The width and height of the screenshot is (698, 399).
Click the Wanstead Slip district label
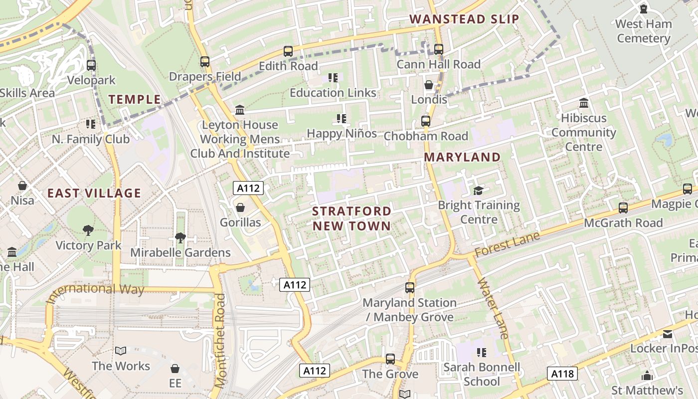pyautogui.click(x=464, y=19)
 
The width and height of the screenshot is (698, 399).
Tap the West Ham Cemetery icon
pyautogui.click(x=643, y=9)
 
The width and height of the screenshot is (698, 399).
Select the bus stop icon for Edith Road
pyautogui.click(x=288, y=51)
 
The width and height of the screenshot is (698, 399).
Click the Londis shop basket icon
pyautogui.click(x=429, y=85)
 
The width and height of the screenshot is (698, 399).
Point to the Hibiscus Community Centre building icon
pyautogui.click(x=584, y=103)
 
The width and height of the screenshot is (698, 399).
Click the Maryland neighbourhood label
pyautogui.click(x=462, y=157)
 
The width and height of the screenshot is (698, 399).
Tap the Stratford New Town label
pyautogui.click(x=351, y=218)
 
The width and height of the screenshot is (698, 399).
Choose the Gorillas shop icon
pyautogui.click(x=240, y=207)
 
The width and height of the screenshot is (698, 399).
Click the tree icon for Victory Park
pyautogui.click(x=88, y=230)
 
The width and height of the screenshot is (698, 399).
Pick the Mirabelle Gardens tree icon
pyautogui.click(x=180, y=237)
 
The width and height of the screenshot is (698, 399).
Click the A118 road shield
pyautogui.click(x=562, y=374)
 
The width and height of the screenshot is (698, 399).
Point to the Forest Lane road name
pyautogui.click(x=507, y=245)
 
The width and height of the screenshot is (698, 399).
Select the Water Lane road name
pyautogui.click(x=492, y=308)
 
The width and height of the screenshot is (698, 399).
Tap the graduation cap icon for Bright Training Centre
pyautogui.click(x=479, y=190)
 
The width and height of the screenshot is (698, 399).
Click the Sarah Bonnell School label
pyautogui.click(x=482, y=375)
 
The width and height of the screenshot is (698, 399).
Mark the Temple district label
pyautogui.click(x=135, y=99)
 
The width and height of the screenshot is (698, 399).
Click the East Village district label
pyautogui.click(x=94, y=193)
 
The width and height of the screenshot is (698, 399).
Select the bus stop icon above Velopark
pyautogui.click(x=91, y=65)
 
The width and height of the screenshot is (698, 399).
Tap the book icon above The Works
pyautogui.click(x=121, y=351)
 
